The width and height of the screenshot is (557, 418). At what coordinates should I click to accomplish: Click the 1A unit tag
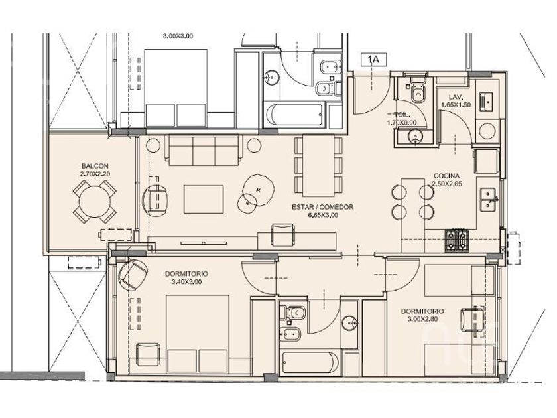coord(373,60)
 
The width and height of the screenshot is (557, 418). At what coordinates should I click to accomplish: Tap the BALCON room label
coord(95,166)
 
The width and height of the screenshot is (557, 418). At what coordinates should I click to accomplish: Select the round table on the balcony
coord(95,202)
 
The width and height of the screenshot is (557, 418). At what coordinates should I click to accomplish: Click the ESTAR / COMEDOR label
coord(322,207)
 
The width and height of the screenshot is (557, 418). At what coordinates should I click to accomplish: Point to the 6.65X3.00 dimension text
coord(322,215)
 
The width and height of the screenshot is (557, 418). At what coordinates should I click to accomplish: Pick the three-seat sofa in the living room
coord(204,150)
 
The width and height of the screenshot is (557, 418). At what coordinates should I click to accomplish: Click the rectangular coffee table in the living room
coord(204,199)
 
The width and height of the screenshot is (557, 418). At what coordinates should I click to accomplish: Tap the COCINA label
coord(446,176)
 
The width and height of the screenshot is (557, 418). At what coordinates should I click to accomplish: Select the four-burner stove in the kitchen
coord(457,241)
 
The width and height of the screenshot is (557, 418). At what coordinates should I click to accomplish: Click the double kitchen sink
coord(489,200)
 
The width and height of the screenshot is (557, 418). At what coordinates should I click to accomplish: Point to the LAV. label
coord(456,97)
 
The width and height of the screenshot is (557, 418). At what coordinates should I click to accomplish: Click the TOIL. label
coord(402,115)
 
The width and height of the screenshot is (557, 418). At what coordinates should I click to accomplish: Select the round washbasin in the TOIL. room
coord(416,136)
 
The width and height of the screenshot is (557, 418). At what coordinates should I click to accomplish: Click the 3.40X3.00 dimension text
coord(186,282)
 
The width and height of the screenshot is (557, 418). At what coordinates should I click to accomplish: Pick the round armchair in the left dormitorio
coord(133,273)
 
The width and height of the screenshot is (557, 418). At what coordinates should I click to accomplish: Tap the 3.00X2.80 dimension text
coord(422,319)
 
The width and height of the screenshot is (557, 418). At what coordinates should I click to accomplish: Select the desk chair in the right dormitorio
coord(472,319)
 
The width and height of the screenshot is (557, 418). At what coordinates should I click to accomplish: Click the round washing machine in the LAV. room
coord(487,131)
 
